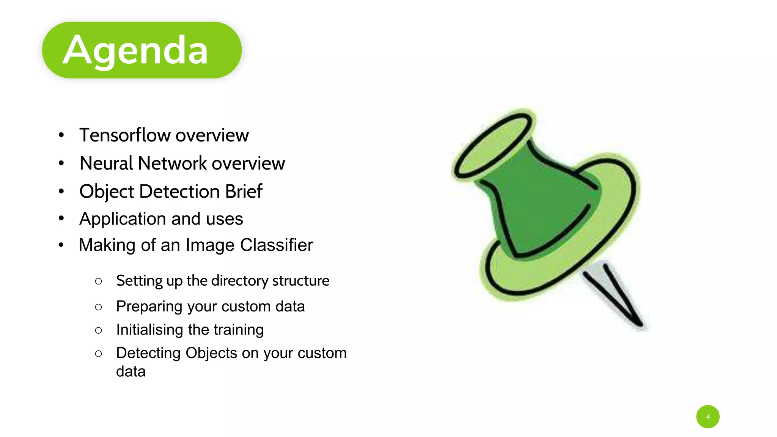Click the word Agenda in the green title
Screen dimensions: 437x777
[135, 50]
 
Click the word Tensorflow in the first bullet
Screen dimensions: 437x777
[125, 135]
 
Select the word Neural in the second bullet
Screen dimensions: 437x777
[106, 163]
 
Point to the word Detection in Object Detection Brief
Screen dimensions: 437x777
[179, 191]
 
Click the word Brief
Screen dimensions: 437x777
[244, 191]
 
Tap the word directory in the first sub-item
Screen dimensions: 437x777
[239, 281]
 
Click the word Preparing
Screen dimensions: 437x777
[149, 307]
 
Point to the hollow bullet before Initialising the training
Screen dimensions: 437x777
[99, 330]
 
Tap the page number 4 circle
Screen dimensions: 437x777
[708, 417]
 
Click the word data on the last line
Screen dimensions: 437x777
[131, 372]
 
